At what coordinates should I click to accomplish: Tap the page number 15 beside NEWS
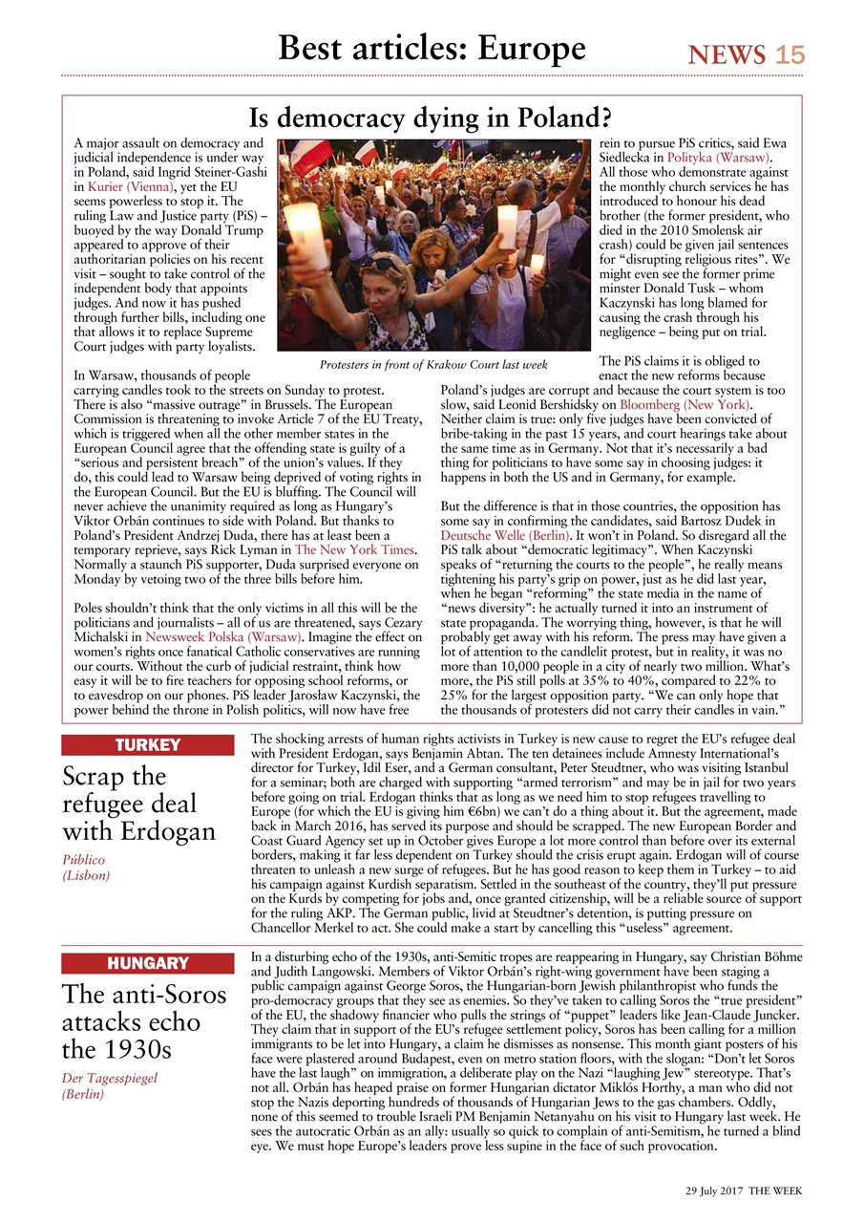pyautogui.click(x=790, y=54)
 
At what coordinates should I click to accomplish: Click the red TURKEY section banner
pyautogui.click(x=148, y=745)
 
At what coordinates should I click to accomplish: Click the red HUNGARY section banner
pyautogui.click(x=148, y=963)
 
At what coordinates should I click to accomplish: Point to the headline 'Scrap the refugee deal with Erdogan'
pyautogui.click(x=139, y=804)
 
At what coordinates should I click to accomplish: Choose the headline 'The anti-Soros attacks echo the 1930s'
pyautogui.click(x=144, y=1022)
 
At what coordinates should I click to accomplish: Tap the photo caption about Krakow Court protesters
pyautogui.click(x=433, y=364)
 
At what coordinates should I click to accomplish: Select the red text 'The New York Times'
pyautogui.click(x=354, y=551)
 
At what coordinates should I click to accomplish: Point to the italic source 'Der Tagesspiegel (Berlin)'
pyautogui.click(x=109, y=1085)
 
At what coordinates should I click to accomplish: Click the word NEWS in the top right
pyautogui.click(x=727, y=54)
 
